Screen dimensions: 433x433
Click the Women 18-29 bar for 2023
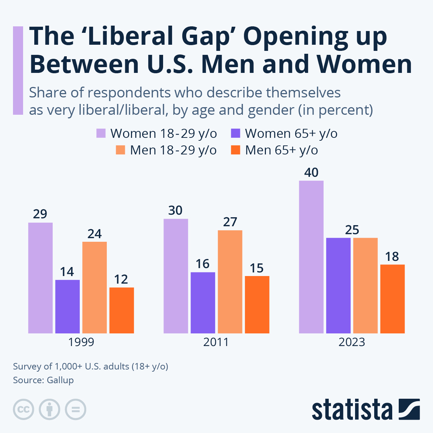tap(311, 257)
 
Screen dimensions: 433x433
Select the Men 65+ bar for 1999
tap(122, 310)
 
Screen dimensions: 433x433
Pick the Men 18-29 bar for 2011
tap(230, 281)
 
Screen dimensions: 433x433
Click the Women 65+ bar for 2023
tap(338, 285)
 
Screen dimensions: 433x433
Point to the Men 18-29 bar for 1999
tap(95, 287)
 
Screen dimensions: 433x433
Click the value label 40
tap(311, 172)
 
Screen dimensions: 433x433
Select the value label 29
tap(40, 214)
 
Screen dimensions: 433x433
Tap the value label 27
tap(230, 222)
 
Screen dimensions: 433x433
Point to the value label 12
tap(121, 279)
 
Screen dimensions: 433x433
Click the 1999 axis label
tap(81, 342)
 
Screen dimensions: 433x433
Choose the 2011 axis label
tap(216, 342)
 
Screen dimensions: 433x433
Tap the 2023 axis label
tap(352, 342)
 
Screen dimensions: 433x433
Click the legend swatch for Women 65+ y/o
tap(235, 134)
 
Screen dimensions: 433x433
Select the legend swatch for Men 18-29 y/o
tap(120, 150)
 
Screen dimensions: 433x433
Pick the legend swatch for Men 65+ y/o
tap(235, 150)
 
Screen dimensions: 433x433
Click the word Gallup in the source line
tap(60, 380)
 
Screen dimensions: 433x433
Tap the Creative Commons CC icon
tap(23, 410)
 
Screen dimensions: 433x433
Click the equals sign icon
tap(75, 410)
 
